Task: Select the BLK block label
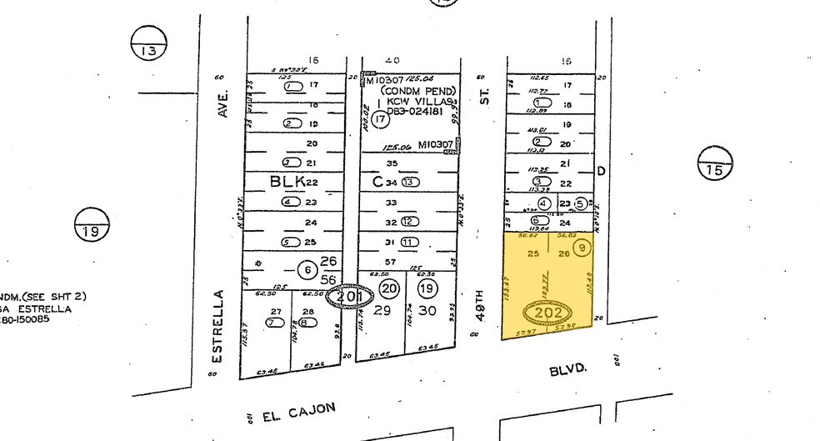point(287,181)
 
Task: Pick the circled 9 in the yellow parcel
point(582,247)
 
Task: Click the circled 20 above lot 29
point(388,288)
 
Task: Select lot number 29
point(382,310)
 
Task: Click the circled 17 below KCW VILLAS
point(381,119)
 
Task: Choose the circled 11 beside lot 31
point(407,243)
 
